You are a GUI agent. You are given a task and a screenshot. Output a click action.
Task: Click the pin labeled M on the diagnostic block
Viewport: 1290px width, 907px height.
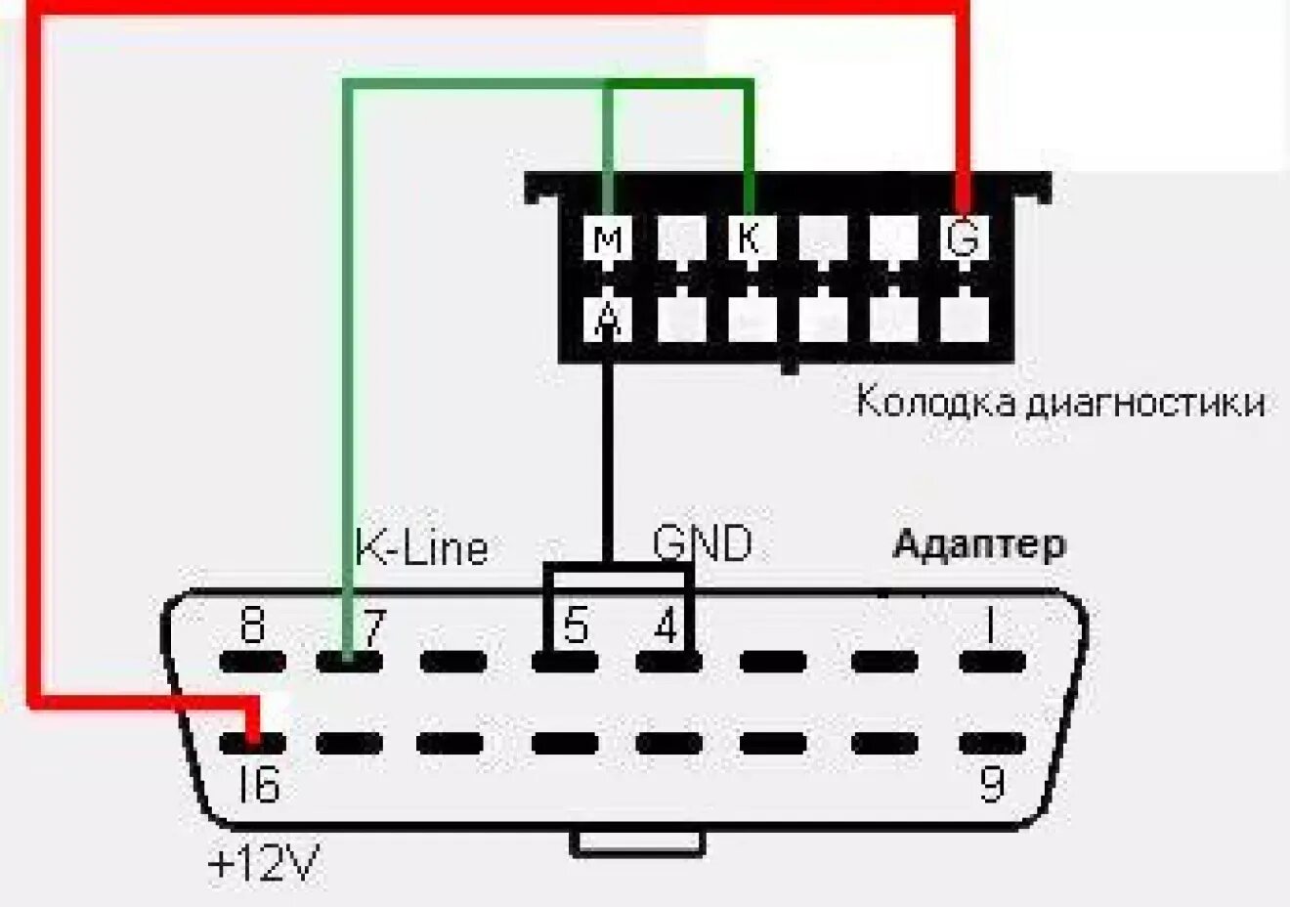point(608,238)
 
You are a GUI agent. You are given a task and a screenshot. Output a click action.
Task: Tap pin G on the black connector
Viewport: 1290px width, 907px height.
point(964,238)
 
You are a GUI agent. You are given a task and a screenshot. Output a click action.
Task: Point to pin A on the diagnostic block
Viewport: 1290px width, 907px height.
point(608,319)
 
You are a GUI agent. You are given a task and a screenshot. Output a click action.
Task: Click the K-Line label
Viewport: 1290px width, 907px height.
point(421,547)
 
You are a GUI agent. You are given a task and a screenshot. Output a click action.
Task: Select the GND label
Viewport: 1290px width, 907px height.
point(703,542)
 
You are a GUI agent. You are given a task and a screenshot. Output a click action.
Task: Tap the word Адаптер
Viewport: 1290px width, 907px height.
point(978,544)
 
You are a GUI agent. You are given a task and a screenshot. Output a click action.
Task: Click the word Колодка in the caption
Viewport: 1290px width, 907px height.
point(935,403)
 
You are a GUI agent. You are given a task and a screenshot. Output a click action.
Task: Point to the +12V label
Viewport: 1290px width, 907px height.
point(264,864)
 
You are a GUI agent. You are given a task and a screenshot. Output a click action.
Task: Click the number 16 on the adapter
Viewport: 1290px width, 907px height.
point(258,784)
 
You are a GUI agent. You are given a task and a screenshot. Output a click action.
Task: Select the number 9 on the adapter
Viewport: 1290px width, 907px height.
point(991,783)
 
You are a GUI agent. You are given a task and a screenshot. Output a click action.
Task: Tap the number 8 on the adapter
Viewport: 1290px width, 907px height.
point(252,626)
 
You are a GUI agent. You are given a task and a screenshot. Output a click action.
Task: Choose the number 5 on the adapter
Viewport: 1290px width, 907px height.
point(577,626)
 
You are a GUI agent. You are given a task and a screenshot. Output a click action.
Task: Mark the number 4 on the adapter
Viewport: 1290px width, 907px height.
point(666,626)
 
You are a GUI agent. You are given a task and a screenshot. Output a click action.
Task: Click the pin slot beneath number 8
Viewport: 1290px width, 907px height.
point(252,662)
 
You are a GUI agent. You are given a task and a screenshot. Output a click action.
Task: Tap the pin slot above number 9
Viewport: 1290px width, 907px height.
point(992,744)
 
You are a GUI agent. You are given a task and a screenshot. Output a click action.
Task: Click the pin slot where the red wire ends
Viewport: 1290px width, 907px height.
point(252,744)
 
